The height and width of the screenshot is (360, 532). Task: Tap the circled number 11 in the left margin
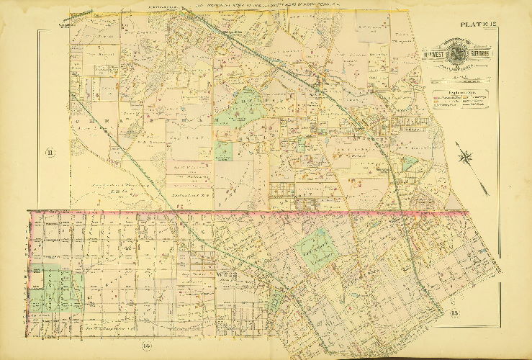[x=50, y=152]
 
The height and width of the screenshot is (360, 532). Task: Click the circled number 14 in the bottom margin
[x=146, y=349]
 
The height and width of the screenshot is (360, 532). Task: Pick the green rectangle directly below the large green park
[x=223, y=150]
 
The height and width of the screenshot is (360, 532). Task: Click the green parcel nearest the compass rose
[x=410, y=163]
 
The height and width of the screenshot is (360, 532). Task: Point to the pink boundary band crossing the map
[x=245, y=212]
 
